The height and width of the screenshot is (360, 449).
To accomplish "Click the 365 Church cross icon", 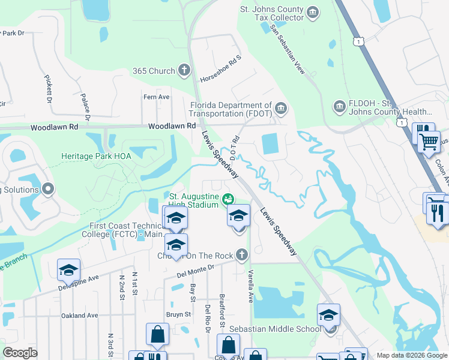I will click(184, 71).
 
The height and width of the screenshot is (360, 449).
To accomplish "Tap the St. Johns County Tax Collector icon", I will click(312, 13).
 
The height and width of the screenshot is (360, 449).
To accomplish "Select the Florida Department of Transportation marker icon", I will click(280, 109).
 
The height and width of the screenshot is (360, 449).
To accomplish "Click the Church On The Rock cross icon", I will click(241, 256).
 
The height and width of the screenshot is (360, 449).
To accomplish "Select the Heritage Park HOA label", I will click(96, 156).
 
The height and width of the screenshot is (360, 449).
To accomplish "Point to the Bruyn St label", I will click(178, 314).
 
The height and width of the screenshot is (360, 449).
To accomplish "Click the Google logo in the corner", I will click(20, 353).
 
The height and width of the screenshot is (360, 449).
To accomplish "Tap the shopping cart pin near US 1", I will click(429, 143).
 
